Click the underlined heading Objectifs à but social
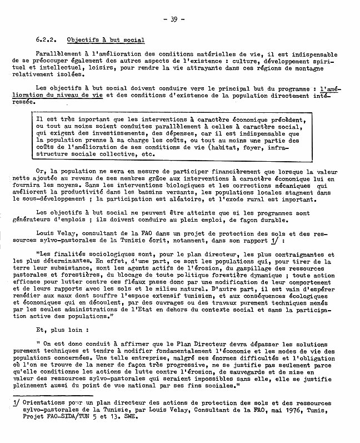pos(106,40)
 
